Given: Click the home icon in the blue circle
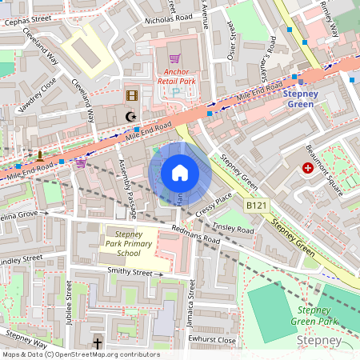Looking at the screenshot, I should click(180, 173).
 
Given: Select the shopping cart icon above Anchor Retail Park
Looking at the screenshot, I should click(174, 59).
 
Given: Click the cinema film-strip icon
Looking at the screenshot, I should click(131, 95).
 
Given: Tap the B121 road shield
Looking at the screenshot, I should click(255, 206).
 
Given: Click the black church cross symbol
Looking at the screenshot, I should click(98, 343).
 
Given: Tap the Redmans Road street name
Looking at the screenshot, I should click(196, 234).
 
